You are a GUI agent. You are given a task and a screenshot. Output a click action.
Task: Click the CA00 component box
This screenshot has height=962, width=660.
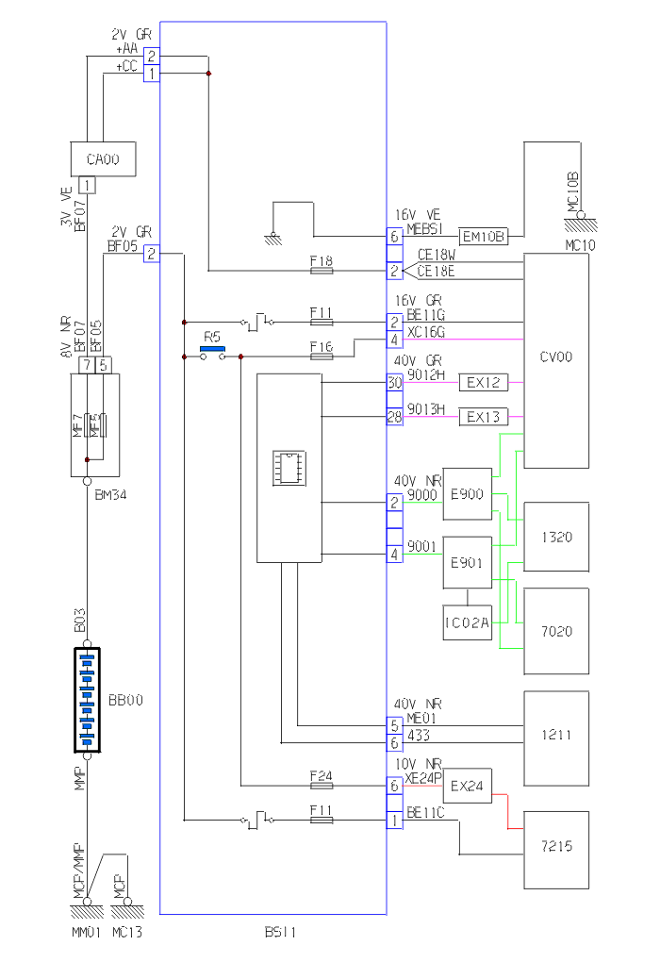102,159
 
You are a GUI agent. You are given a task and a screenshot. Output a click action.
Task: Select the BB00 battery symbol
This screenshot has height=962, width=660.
87,700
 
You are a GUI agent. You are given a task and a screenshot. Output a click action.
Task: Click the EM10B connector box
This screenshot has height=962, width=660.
484,236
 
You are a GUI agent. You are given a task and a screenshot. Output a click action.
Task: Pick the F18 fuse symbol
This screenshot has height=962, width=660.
322,271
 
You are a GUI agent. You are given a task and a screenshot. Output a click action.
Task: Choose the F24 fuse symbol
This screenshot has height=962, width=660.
322,784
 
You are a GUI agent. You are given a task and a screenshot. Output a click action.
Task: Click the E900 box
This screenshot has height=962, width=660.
468,493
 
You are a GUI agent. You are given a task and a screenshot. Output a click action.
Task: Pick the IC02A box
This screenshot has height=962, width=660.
468,622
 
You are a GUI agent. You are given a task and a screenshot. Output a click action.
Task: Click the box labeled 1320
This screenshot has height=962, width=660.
556,537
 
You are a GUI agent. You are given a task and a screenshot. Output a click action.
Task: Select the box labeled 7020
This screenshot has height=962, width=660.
556,630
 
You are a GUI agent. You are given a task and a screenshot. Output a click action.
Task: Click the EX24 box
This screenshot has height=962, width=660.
468,785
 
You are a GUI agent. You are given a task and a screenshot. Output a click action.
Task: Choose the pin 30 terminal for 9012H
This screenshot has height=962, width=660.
394,383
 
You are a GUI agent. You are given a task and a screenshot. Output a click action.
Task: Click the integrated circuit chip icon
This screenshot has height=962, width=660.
289,467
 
